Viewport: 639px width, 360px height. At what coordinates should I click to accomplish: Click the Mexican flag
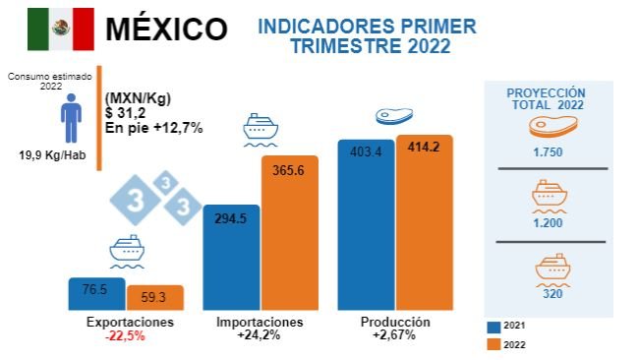[60, 30]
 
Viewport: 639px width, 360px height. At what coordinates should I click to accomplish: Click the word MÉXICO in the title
[166, 30]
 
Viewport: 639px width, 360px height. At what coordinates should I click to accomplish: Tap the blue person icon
[70, 119]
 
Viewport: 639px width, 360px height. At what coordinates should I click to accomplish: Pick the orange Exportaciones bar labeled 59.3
[154, 299]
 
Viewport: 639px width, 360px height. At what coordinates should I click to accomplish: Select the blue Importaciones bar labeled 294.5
[230, 260]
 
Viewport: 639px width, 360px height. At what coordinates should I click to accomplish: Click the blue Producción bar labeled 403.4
[365, 226]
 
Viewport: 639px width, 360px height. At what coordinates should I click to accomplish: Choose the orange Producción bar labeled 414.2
[424, 224]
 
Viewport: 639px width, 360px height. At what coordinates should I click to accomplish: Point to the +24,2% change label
[258, 336]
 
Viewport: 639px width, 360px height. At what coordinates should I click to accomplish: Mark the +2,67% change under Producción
[395, 336]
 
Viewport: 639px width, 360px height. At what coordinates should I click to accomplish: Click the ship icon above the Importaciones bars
[260, 129]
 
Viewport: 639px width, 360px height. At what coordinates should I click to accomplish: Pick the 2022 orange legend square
[494, 344]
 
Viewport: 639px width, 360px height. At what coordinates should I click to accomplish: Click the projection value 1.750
[550, 153]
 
